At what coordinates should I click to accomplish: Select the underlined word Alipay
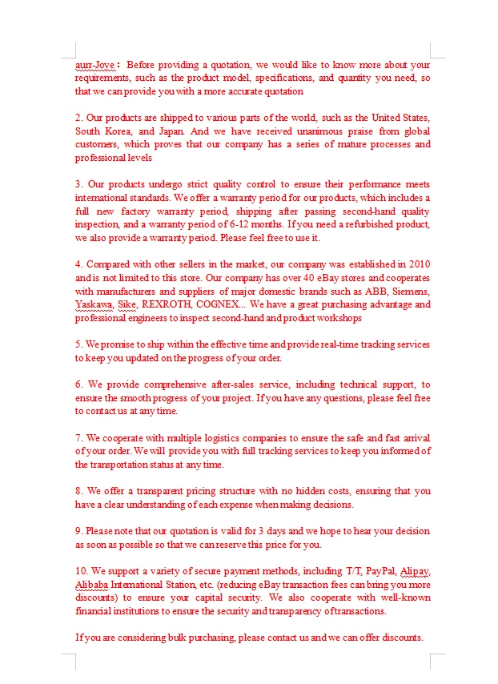click(415, 571)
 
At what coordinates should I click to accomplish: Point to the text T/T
click(353, 571)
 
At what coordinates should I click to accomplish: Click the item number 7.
click(78, 437)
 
